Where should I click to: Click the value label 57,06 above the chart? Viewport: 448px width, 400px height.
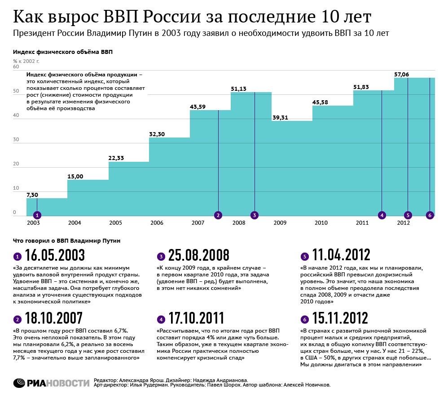click(402, 74)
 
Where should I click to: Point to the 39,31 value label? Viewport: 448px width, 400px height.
click(280, 117)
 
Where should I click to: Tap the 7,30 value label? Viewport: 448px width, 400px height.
click(33, 195)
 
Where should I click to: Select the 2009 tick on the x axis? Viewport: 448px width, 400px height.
click(280, 223)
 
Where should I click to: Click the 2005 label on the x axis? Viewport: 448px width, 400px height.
click(115, 223)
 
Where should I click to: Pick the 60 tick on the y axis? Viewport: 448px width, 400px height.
click(16, 67)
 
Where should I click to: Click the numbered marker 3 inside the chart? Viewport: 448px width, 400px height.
click(255, 215)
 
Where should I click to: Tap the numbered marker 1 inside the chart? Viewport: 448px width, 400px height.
click(37, 215)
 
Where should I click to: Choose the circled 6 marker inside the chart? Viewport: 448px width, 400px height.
click(430, 215)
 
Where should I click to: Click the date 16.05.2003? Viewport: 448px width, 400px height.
click(55, 255)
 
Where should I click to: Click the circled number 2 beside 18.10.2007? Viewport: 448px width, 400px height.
click(18, 320)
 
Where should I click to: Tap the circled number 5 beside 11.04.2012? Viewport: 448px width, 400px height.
click(304, 257)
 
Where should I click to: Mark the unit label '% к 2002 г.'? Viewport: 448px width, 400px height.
click(26, 60)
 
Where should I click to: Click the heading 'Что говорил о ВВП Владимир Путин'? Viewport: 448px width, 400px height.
click(66, 241)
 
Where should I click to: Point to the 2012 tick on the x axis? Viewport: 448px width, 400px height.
click(403, 223)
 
